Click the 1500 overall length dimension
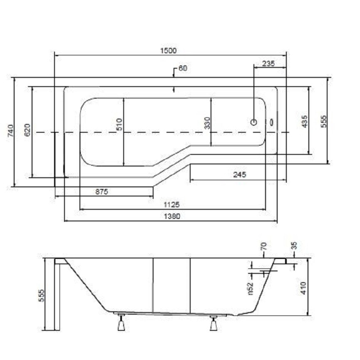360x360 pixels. point(168,50)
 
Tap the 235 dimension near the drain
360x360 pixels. point(268,63)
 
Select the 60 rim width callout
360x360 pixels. point(183,68)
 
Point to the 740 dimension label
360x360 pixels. point(11,130)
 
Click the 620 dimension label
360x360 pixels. point(27,130)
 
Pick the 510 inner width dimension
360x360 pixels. point(119,124)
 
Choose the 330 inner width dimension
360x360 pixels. point(207,123)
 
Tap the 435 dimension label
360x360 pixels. point(304,122)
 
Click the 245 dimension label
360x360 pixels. point(239,175)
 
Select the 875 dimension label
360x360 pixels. point(102,191)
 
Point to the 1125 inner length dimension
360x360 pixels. point(171,204)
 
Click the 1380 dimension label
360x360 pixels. point(172,216)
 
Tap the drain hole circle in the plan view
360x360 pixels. point(254,122)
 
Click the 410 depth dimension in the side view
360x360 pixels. point(303,288)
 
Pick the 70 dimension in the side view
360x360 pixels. point(264,246)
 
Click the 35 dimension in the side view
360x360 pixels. point(294,246)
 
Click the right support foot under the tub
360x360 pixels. point(214,323)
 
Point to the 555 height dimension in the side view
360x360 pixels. point(41,295)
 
